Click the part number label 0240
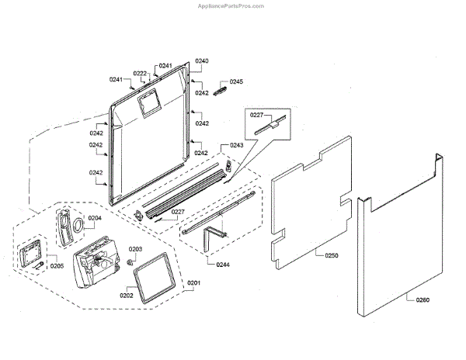tap(202, 60)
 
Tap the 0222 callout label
tap(140, 73)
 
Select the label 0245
tap(236, 81)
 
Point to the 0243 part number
tap(236, 145)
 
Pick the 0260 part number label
tap(422, 299)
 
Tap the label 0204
tap(95, 218)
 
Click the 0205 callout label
tap(57, 265)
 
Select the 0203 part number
tap(135, 249)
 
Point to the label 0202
tap(127, 295)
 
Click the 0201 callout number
tap(193, 282)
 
